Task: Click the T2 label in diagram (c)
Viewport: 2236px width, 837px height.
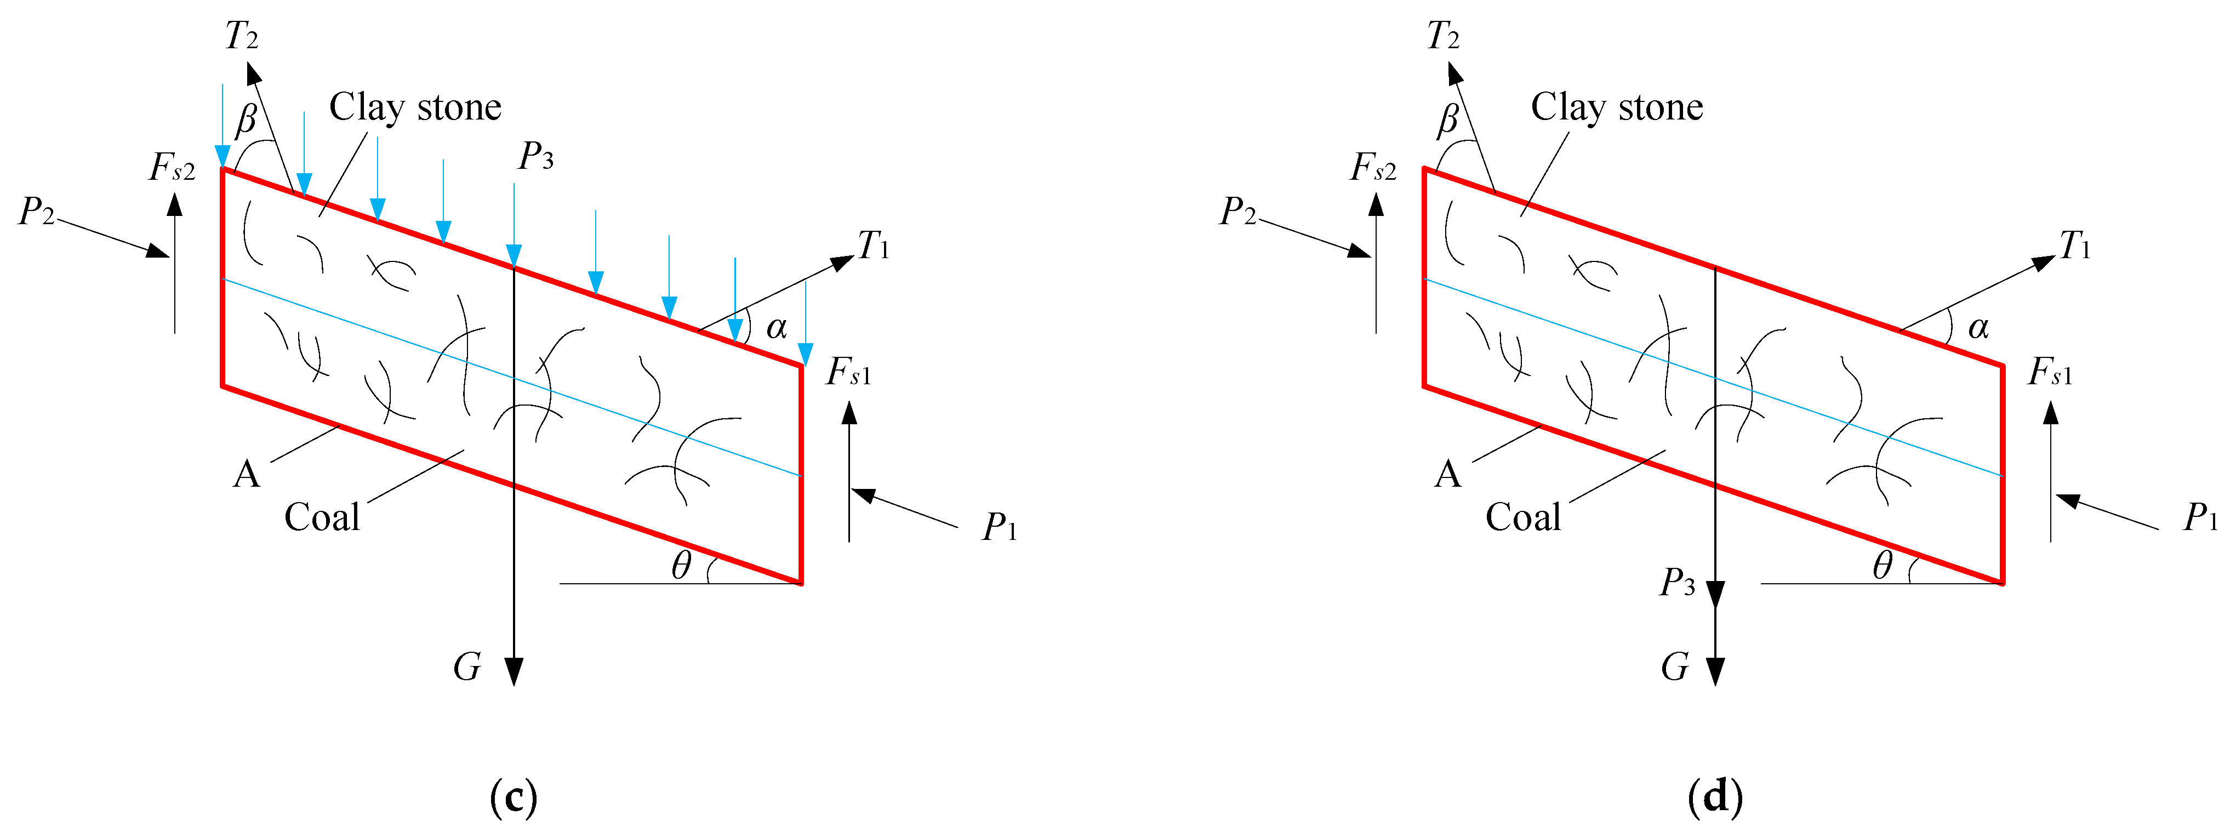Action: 241,37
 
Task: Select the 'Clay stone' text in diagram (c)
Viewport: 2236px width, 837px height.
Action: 415,107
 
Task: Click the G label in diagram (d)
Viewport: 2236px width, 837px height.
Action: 1674,668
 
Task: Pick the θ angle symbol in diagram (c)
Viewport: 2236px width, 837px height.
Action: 681,566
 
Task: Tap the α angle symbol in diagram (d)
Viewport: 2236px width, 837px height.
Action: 1978,327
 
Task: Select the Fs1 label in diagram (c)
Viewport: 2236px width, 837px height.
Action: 848,372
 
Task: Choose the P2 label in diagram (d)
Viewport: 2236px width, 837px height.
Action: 1238,211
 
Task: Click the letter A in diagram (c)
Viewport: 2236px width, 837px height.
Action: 247,475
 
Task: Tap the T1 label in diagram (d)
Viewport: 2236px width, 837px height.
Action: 2075,247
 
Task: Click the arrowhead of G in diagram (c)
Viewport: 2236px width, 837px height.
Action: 514,673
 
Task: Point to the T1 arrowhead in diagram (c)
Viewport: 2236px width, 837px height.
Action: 844,262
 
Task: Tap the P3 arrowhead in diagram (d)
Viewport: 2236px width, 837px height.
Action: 1715,595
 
